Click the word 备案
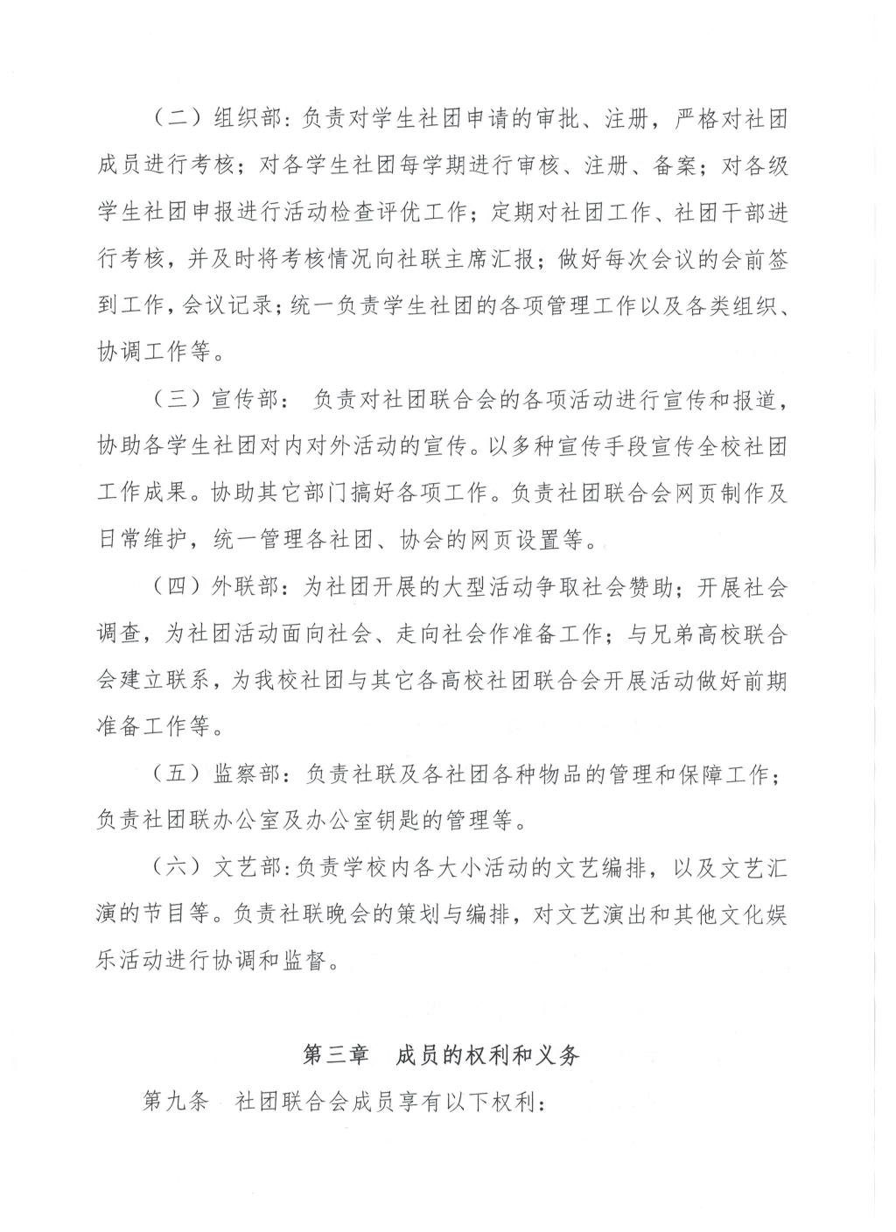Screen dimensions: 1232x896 click(674, 166)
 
